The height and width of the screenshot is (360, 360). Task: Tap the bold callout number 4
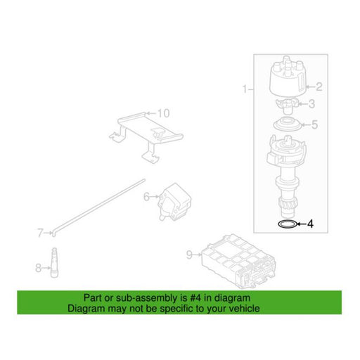310,224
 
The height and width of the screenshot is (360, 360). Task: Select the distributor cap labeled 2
288,76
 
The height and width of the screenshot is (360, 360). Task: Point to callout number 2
319,87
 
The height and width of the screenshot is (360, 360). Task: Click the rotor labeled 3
287,104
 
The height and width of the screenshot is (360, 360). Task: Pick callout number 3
312,104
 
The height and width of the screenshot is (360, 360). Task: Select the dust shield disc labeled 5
288,124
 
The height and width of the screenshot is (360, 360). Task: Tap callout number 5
315,124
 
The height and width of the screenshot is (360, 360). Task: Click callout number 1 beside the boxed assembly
245,89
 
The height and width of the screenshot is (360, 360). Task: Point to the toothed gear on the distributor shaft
288,204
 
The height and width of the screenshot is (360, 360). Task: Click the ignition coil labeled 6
175,202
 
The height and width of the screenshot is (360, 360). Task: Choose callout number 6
146,197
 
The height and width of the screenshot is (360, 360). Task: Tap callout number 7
40,233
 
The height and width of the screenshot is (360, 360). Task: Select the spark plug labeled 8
54,263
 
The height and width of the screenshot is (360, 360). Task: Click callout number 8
38,268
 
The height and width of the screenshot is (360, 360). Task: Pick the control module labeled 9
238,262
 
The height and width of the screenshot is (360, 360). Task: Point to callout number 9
189,255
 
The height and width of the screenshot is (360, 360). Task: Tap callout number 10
163,113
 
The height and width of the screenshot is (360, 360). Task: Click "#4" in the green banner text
195,298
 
